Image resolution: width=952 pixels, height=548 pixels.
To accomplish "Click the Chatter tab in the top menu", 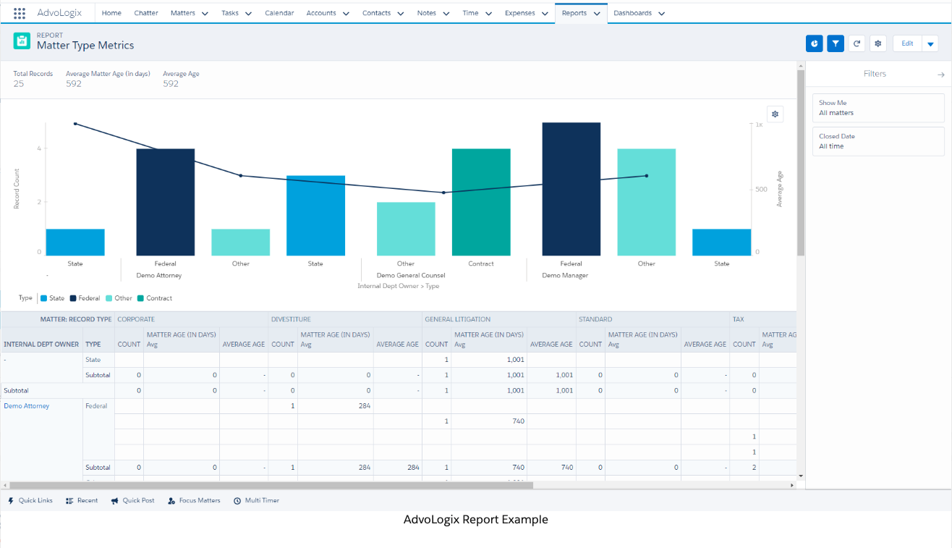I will tap(146, 13).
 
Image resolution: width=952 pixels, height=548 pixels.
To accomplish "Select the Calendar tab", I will tap(279, 13).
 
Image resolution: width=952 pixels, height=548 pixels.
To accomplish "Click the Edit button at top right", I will tap(907, 43).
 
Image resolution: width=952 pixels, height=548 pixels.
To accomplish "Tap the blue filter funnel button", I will tap(836, 43).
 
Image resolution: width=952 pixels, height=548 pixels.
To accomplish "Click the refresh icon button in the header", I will tap(857, 43).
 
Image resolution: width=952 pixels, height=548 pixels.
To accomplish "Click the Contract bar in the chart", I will tap(481, 202).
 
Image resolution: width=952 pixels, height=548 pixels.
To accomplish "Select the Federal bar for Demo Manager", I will tap(571, 189).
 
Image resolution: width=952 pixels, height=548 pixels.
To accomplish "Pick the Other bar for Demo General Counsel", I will tap(406, 229).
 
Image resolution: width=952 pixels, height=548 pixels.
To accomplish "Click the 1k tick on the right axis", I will tap(759, 125).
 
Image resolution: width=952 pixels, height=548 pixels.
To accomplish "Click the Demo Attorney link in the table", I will tap(27, 406).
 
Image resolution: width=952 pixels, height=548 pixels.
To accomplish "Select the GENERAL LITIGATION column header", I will tap(457, 319).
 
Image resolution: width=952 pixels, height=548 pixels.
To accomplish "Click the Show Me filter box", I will tap(878, 108).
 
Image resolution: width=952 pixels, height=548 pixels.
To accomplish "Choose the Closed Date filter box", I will tap(878, 141).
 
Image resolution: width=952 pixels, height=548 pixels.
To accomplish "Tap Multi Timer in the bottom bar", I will tap(257, 500).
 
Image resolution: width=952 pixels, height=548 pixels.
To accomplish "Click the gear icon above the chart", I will tap(775, 114).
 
